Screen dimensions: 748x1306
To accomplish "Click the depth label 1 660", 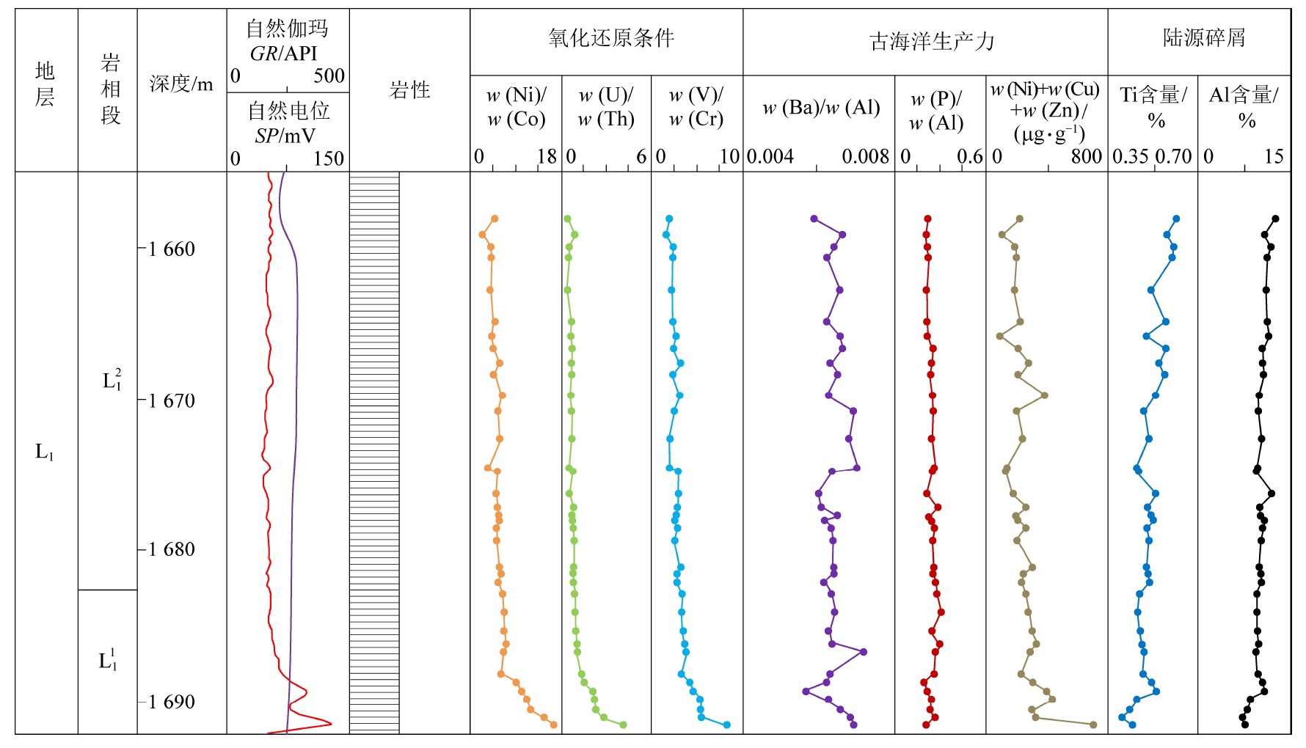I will pyautogui.click(x=171, y=249).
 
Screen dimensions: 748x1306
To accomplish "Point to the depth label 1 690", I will pyautogui.click(x=171, y=702).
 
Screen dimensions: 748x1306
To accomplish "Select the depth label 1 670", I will pyautogui.click(x=171, y=400).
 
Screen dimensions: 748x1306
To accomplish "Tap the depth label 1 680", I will pyautogui.click(x=171, y=549).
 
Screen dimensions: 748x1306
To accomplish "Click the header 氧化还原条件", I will pyautogui.click(x=610, y=38).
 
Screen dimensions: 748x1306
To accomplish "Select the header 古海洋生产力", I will pyautogui.click(x=931, y=41).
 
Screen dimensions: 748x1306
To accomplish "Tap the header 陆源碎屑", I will pyautogui.click(x=1203, y=37).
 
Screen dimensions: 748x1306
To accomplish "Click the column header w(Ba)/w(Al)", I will pyautogui.click(x=820, y=109).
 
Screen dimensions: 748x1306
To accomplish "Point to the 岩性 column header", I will pyautogui.click(x=409, y=90).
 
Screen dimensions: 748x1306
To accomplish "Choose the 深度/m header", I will pyautogui.click(x=180, y=84).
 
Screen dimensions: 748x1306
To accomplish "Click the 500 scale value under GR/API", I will pyautogui.click(x=329, y=76).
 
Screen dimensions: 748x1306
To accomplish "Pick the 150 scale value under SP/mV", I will pyautogui.click(x=328, y=158).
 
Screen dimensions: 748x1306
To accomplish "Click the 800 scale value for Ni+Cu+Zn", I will pyautogui.click(x=1086, y=156).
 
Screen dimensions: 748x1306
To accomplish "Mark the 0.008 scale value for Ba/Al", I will pyautogui.click(x=865, y=156).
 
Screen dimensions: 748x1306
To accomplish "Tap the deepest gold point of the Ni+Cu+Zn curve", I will pyautogui.click(x=1093, y=725).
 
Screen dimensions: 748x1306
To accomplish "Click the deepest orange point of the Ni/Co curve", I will pyautogui.click(x=553, y=725).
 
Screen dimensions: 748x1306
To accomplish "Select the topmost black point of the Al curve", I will pyautogui.click(x=1275, y=219).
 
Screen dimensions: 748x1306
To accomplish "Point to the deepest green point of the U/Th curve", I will pyautogui.click(x=623, y=725).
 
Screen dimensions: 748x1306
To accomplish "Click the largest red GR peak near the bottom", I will pyautogui.click(x=330, y=724).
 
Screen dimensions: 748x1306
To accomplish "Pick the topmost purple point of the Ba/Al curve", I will pyautogui.click(x=814, y=219).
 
